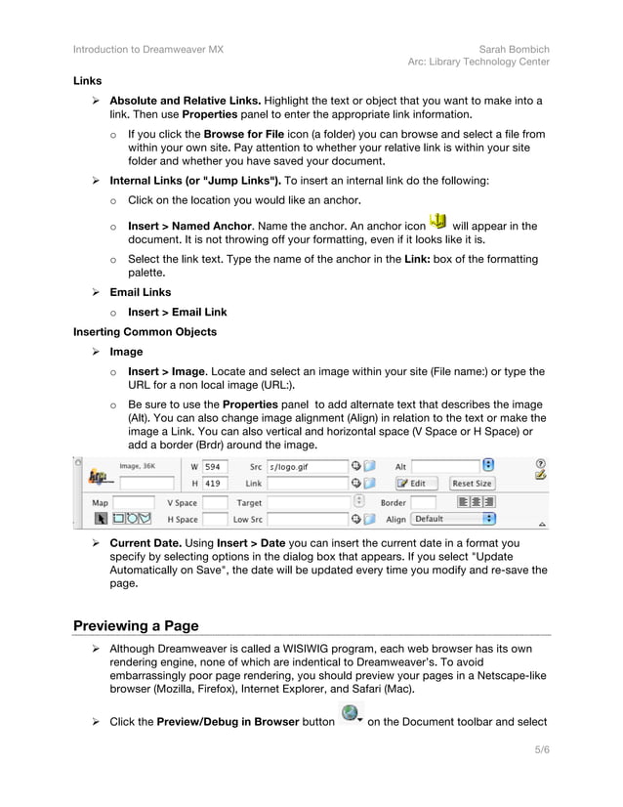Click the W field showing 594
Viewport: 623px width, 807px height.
(215, 467)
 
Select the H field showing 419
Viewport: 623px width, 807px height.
(215, 484)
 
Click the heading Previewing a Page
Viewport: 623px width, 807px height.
(136, 625)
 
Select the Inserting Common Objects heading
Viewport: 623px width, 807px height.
(145, 332)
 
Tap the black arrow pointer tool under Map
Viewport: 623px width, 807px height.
(100, 519)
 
